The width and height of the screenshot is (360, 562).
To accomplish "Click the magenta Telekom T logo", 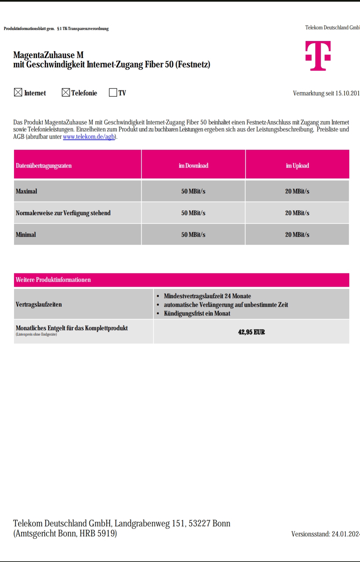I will [318, 56].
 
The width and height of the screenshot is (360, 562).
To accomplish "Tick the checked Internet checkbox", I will [18, 92].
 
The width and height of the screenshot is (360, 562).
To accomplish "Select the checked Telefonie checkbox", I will [66, 92].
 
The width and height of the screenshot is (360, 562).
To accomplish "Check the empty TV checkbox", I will [113, 92].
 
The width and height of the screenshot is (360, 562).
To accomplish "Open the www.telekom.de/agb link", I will [89, 137].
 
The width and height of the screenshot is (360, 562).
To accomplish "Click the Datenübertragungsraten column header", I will [44, 166].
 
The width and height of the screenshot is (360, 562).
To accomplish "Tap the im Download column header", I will [193, 166].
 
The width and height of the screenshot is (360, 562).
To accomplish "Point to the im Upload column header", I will [297, 166].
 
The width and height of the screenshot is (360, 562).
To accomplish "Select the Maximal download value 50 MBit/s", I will [193, 191].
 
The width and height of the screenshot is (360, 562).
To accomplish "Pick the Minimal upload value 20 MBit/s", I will [297, 235].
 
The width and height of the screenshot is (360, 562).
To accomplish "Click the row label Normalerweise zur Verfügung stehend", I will [63, 213].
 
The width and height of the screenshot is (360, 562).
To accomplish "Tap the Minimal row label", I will [26, 235].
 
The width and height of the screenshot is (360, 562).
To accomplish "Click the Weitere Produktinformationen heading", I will [53, 280].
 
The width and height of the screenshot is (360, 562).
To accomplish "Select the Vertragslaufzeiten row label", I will [39, 304].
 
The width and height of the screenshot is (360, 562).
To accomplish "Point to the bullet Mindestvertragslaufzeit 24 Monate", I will [207, 296].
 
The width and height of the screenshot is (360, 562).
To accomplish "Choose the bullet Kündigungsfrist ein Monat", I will [197, 313].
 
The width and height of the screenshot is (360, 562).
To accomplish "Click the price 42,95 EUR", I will [251, 332].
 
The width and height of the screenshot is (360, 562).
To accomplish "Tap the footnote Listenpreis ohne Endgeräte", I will [36, 334].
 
